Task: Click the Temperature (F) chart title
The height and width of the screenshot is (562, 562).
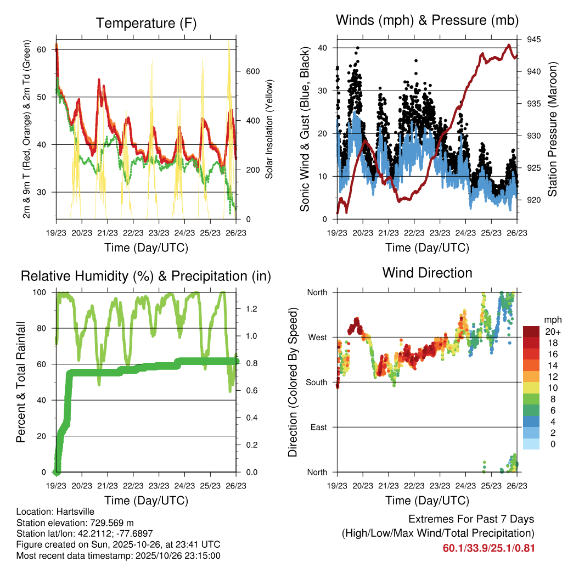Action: point(146,23)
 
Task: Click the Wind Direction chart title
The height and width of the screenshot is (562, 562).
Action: point(427,272)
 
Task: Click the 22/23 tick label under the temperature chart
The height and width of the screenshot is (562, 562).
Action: point(133,232)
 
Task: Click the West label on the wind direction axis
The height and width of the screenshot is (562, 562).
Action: point(317,337)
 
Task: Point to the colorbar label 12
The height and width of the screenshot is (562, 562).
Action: point(553,376)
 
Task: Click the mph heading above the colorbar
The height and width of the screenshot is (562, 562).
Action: point(552,319)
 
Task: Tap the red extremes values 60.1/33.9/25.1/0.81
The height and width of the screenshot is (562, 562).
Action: point(488,548)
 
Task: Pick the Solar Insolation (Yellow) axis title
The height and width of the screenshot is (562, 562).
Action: point(269,130)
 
